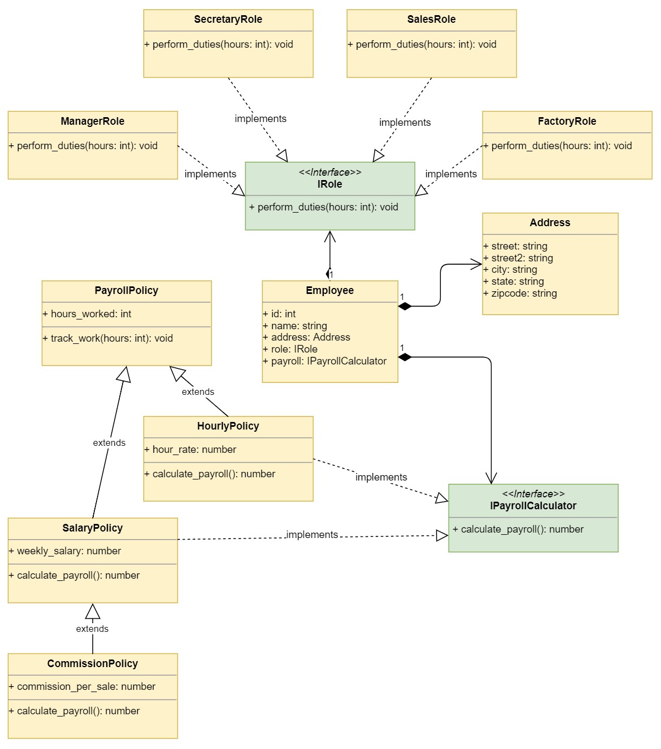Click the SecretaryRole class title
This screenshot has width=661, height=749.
coord(228,20)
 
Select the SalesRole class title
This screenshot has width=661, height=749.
coord(431,20)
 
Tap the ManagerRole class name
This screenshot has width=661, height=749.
coord(92,121)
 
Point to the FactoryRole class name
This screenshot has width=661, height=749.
coord(567,121)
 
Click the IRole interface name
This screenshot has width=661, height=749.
coord(330,184)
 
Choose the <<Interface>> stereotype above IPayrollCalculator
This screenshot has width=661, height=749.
coord(533,494)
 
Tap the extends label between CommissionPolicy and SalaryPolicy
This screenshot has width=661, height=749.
coord(92,629)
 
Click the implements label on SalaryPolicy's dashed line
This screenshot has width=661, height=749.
coord(312,535)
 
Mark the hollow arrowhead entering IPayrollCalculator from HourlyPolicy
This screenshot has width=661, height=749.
coord(442,498)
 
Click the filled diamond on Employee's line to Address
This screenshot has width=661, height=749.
coord(405,306)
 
